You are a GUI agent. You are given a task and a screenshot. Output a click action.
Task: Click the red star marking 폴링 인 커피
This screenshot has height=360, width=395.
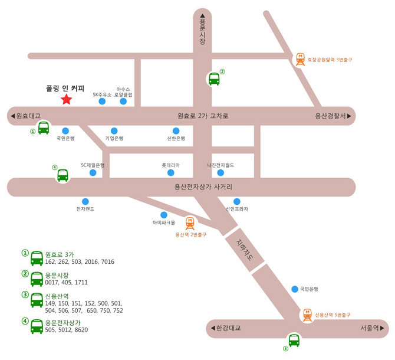[x=66, y=100]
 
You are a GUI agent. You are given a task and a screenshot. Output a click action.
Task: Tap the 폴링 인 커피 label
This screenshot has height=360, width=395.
[x=65, y=88]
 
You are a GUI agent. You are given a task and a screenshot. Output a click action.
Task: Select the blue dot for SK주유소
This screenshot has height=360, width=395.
[x=102, y=102]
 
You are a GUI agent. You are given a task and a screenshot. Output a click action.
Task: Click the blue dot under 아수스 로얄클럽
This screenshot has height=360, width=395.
[x=123, y=102]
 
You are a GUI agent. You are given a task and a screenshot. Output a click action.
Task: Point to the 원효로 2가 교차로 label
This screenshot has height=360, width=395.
[x=203, y=116]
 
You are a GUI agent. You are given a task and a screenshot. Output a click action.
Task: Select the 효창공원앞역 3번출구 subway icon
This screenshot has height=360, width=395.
[x=301, y=58]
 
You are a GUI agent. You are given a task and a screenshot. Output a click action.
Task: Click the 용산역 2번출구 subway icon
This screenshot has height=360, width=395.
[x=190, y=223]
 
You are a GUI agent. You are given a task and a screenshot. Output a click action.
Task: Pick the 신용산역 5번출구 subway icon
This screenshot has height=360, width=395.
[x=307, y=315]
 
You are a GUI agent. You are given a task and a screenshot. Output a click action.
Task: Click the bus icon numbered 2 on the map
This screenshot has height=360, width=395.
[x=214, y=78]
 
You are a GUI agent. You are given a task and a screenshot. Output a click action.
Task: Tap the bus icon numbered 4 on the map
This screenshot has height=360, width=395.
[x=62, y=175]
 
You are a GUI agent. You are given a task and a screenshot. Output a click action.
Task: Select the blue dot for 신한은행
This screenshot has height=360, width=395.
[x=176, y=130]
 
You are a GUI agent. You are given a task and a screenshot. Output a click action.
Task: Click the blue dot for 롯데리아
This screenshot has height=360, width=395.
[x=171, y=173]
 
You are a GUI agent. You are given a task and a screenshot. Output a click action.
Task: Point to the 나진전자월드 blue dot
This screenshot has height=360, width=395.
[x=220, y=173]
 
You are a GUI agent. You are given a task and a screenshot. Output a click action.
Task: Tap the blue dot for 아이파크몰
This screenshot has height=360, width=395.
[x=164, y=215]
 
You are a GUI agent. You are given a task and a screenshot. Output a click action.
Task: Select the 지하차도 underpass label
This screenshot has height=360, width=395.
[x=241, y=250]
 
